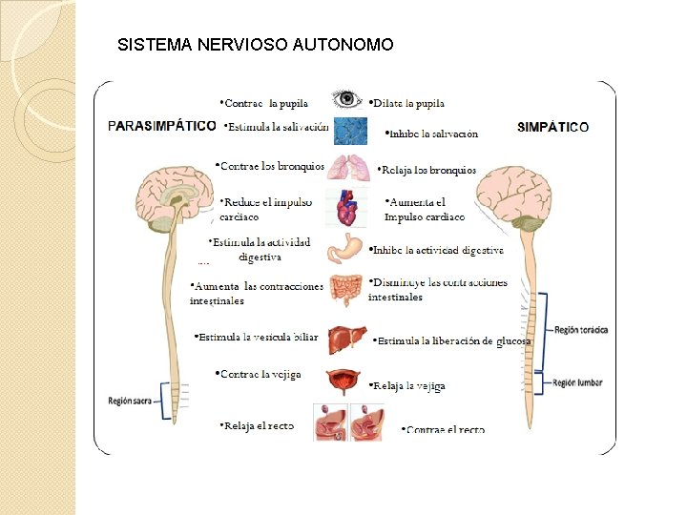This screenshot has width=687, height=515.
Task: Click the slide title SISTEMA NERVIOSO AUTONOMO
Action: (x=254, y=45)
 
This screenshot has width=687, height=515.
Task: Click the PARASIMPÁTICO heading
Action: (x=161, y=125)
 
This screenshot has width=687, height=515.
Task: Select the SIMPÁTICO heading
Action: (x=553, y=126)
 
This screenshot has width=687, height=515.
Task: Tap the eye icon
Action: (x=346, y=99)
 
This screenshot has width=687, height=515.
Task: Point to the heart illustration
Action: (x=344, y=207)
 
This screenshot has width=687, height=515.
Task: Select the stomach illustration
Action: (x=344, y=249)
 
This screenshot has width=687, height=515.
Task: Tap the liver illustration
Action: (x=344, y=339)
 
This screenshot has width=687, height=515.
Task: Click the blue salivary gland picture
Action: (x=351, y=131)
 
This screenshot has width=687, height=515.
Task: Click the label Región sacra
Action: (x=132, y=401)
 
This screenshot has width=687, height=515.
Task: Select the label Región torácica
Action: (x=580, y=330)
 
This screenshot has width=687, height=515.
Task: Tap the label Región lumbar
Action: (x=578, y=382)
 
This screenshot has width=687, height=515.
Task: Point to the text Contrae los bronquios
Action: (x=270, y=166)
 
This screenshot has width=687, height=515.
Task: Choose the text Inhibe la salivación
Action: (x=431, y=134)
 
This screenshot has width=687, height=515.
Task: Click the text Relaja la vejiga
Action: (x=407, y=386)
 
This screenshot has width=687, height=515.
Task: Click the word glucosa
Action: (x=513, y=340)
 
